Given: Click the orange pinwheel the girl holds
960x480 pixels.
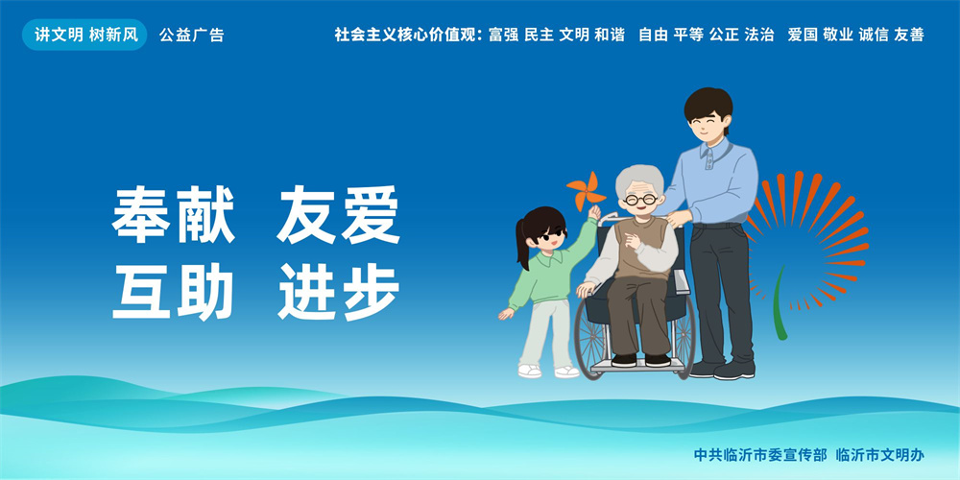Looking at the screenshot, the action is point(586,191).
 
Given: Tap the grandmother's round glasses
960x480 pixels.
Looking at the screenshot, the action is point(641,199).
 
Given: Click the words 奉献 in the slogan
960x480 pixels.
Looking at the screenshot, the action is point(173,215).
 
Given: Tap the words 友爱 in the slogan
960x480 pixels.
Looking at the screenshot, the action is point(339,215).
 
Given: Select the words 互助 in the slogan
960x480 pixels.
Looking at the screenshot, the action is point(173,292).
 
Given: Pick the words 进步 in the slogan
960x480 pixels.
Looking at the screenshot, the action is point(339,292).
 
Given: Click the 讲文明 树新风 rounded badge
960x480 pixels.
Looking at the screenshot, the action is point(84,35).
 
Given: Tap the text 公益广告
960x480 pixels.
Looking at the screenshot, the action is point(192,35).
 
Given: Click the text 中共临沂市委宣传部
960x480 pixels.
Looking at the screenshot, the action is point(760,455).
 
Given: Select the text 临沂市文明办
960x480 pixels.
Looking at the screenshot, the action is point(879,455).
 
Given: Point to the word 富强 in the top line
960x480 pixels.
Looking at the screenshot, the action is point(503,35).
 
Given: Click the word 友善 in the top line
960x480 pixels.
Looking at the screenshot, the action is point(908,35).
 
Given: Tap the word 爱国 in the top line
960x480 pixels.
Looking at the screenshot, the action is point(803,35).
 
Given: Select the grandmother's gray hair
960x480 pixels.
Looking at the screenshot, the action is point(639,180).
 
